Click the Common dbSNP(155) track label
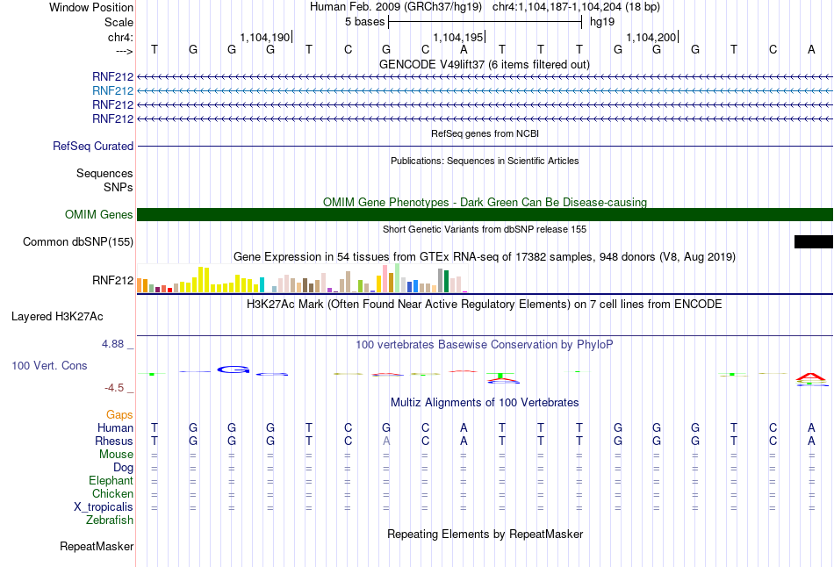tap(77, 242)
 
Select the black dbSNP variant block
tap(813, 242)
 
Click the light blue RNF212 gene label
tap(112, 91)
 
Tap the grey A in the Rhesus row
tap(386, 441)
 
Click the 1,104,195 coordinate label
tap(458, 37)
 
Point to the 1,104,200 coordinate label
tap(651, 37)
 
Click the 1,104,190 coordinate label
tap(265, 37)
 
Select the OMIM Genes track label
tap(99, 214)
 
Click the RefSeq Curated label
tap(93, 147)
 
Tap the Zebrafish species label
tap(110, 520)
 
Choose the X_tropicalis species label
tap(104, 507)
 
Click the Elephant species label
tap(111, 481)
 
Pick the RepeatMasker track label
tap(97, 546)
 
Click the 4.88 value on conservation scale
tap(112, 344)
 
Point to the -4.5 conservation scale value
tap(114, 388)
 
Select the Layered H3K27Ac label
tap(57, 317)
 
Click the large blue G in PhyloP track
tap(234, 370)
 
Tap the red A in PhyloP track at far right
tap(810, 377)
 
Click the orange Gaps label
tap(119, 415)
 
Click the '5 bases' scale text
tap(365, 22)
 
